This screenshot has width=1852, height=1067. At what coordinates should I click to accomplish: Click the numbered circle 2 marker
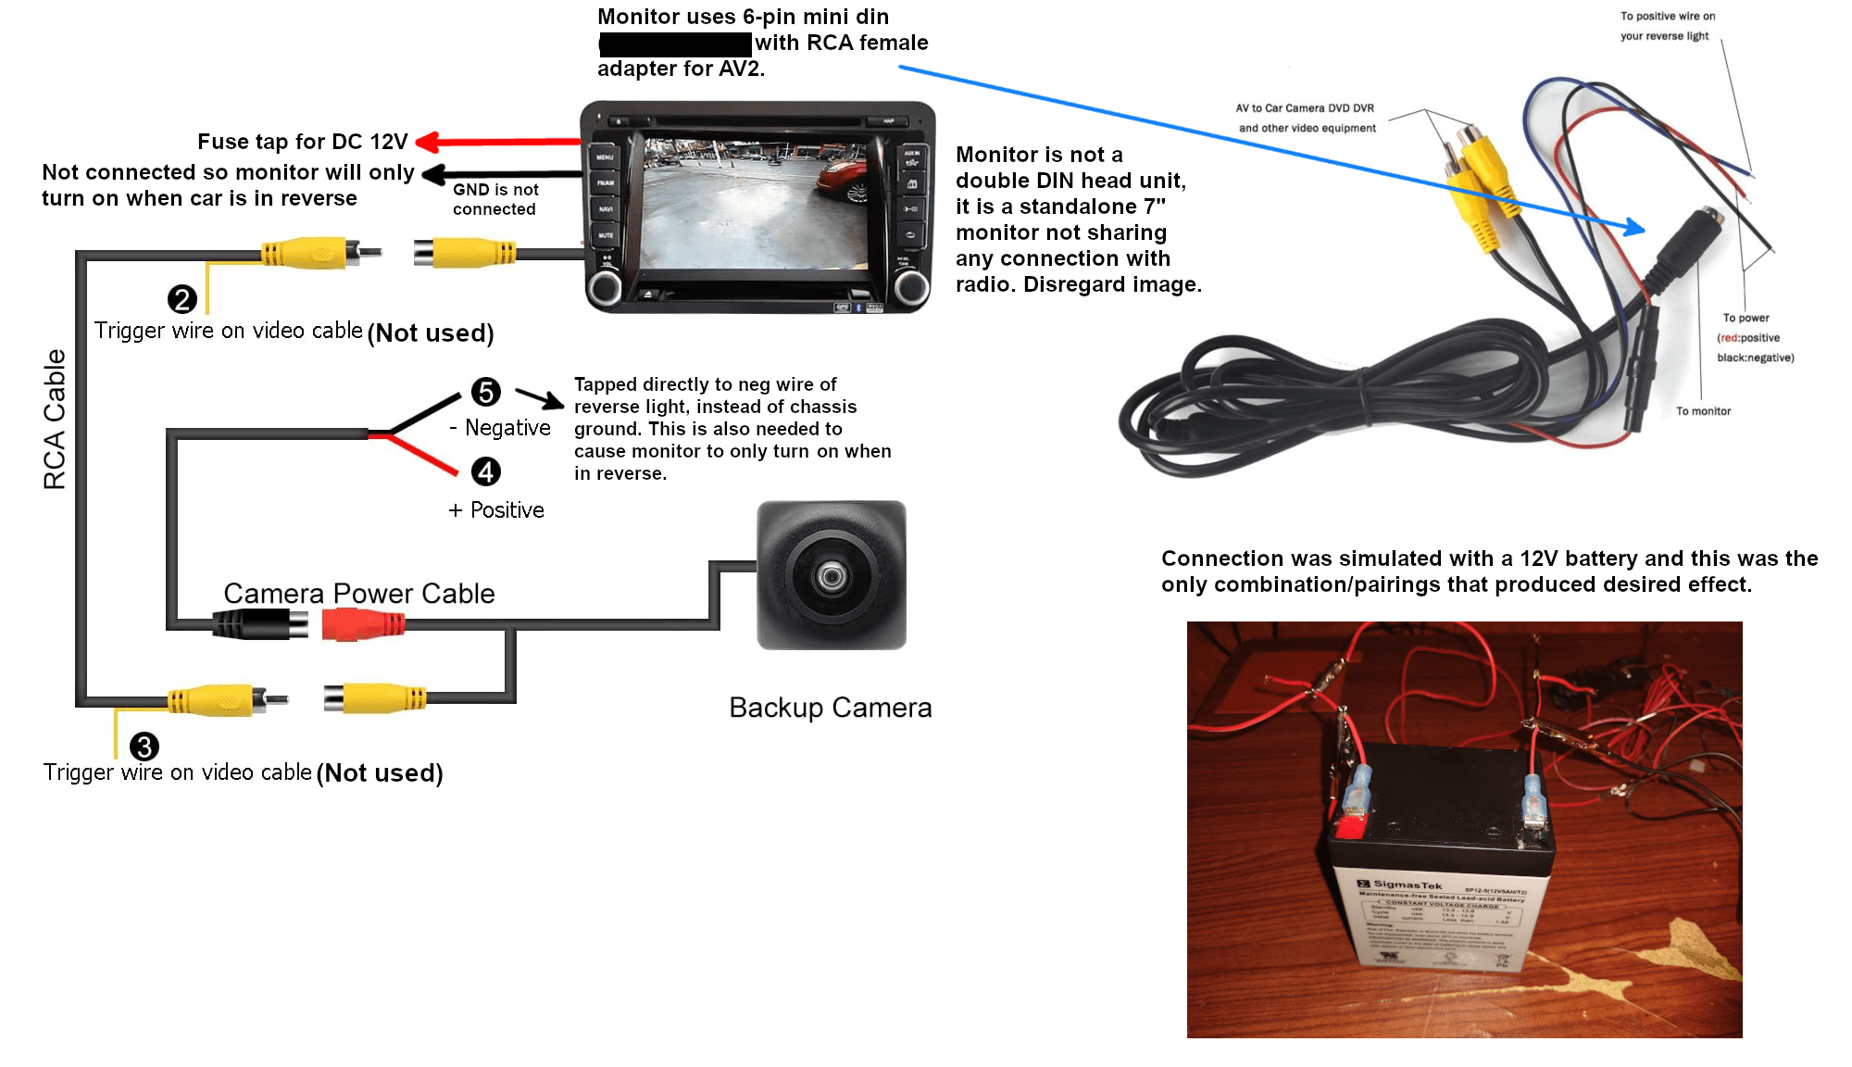coord(182,299)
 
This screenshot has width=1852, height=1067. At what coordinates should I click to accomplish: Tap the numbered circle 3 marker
coord(144,746)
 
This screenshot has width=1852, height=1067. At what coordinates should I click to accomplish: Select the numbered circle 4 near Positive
coord(486,471)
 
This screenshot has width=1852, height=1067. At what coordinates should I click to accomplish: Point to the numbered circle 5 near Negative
coord(486,392)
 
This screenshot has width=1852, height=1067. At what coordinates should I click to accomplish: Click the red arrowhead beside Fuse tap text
coord(427,142)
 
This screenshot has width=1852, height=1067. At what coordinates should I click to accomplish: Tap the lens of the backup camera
coord(831,576)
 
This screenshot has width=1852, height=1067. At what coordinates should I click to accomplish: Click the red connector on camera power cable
coord(362,624)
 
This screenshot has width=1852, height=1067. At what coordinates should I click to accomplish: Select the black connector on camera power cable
coord(259,624)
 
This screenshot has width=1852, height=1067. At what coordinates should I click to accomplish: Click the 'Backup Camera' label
coord(830,708)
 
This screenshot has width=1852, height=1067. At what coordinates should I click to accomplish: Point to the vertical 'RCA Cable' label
coord(55,419)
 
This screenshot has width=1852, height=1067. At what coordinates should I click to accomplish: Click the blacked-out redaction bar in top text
coord(675,43)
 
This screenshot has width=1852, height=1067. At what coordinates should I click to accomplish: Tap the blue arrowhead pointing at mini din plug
coord(1635,227)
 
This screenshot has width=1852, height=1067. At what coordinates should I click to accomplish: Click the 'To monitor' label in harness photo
coord(1703,411)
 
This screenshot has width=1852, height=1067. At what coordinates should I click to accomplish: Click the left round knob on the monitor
coord(606,287)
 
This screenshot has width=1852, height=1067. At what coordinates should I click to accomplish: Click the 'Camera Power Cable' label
coord(359,594)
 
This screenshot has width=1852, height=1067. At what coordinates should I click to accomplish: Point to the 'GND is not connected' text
coord(495,199)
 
